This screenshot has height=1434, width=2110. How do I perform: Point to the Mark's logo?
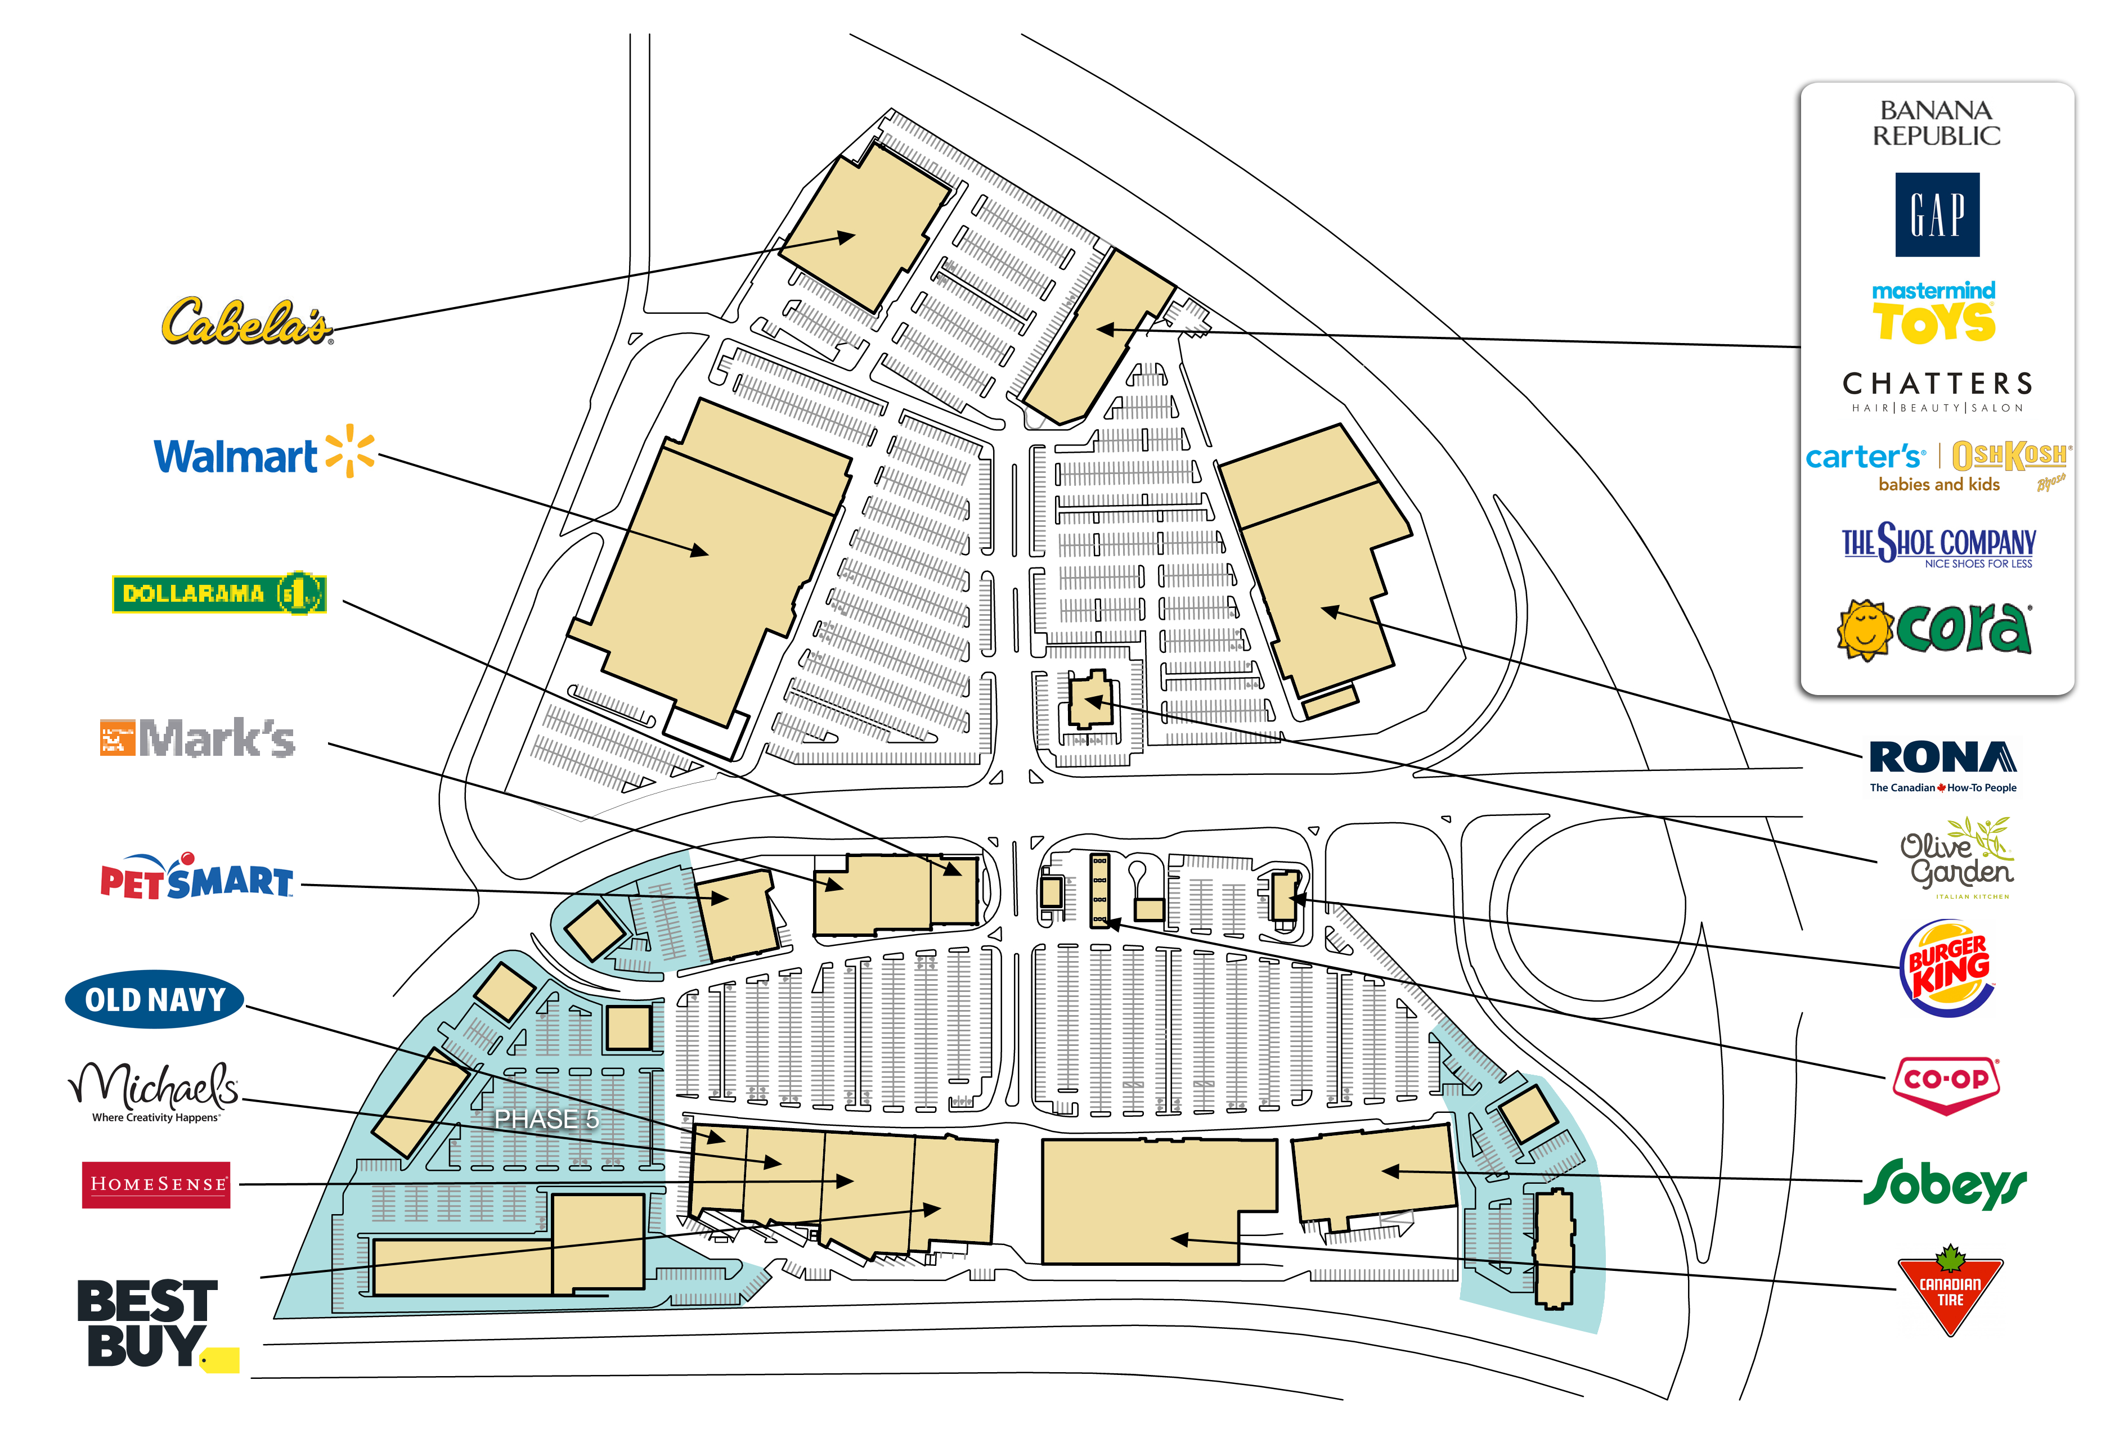(x=197, y=738)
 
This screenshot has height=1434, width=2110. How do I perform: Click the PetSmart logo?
(x=196, y=878)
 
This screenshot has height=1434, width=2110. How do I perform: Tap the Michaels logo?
(x=154, y=1092)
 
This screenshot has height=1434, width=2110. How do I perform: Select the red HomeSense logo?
(x=156, y=1184)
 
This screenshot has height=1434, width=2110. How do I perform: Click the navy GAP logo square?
(x=1937, y=214)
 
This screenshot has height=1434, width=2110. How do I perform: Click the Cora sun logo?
(x=1934, y=628)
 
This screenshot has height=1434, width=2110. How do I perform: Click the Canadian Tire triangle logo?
(x=1949, y=1289)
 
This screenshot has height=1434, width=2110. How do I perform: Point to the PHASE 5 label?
(x=546, y=1119)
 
